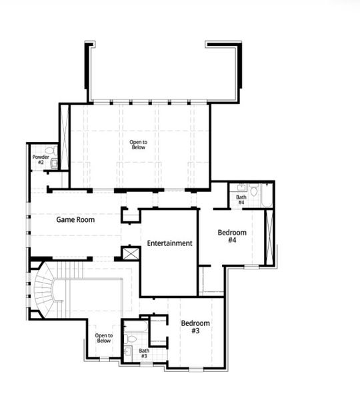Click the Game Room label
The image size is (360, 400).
[74, 219]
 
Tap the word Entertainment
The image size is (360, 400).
[169, 243]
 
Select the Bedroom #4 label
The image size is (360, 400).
[232, 237]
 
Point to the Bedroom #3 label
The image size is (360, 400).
[195, 327]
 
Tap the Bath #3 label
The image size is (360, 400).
[143, 353]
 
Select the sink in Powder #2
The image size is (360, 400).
[55, 162]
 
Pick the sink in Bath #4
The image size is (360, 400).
[241, 187]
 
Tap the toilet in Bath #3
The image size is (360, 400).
[131, 339]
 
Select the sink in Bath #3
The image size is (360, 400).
[127, 351]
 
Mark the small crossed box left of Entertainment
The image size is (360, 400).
[129, 254]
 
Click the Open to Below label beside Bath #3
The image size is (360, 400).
[103, 339]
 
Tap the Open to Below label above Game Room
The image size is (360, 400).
[138, 144]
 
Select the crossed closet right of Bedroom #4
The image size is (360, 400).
[269, 236]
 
